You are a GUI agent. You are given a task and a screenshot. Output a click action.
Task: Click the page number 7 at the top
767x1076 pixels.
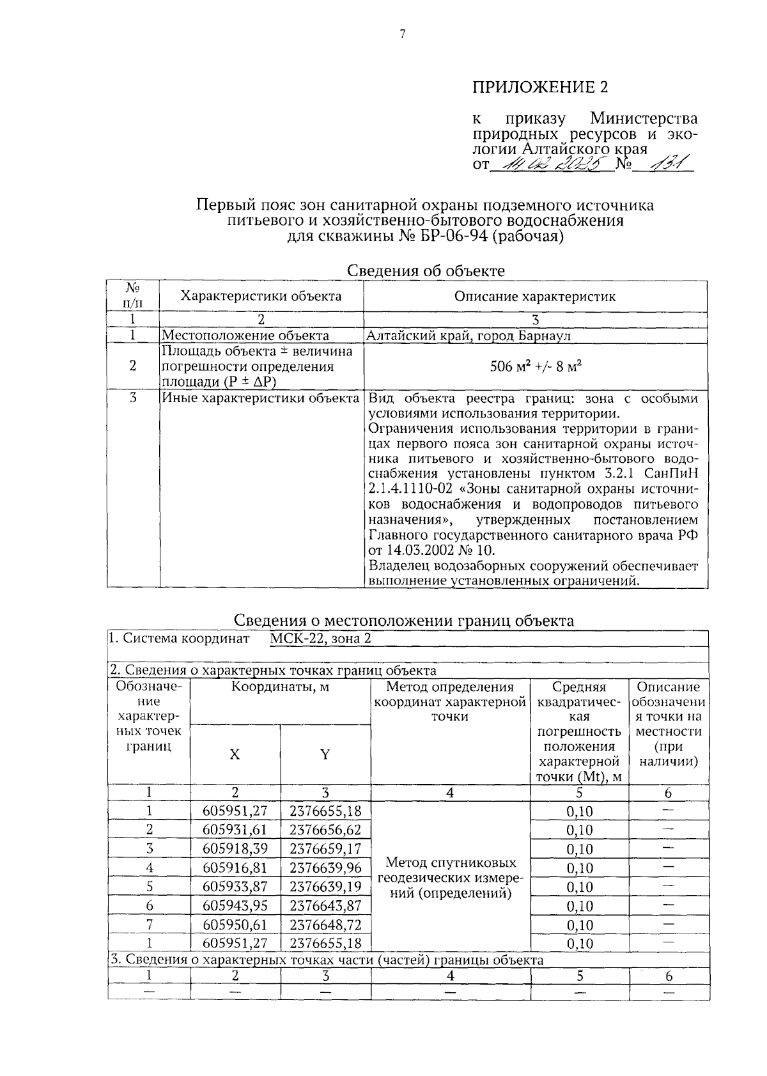pyautogui.click(x=403, y=36)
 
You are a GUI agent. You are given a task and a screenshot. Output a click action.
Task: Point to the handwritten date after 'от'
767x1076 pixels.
pyautogui.click(x=550, y=166)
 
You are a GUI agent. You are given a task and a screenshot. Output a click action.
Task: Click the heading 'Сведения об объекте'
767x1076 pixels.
pyautogui.click(x=426, y=270)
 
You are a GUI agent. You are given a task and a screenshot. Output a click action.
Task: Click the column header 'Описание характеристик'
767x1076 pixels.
pyautogui.click(x=535, y=297)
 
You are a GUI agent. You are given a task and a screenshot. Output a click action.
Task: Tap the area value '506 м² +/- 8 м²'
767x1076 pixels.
pyautogui.click(x=535, y=367)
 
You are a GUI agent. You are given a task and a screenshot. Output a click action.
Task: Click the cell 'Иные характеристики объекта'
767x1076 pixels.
pyautogui.click(x=260, y=398)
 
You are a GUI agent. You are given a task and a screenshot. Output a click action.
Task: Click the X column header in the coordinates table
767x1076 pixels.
pyautogui.click(x=235, y=755)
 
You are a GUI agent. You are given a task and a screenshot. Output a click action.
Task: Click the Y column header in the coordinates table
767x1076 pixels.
pyautogui.click(x=325, y=755)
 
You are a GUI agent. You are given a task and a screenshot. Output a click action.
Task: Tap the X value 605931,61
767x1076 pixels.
pyautogui.click(x=235, y=830)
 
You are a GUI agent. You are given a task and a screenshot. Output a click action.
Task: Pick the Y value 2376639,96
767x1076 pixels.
pyautogui.click(x=325, y=868)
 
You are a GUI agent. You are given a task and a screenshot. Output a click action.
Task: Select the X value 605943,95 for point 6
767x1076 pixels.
pyautogui.click(x=235, y=905)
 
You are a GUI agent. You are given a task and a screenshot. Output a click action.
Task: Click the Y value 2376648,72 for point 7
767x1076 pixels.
pyautogui.click(x=325, y=924)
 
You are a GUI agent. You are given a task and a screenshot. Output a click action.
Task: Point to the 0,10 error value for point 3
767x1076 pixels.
pyautogui.click(x=580, y=849)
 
